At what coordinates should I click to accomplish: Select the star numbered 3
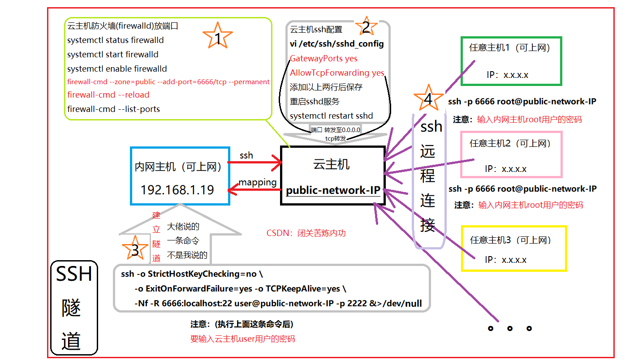coord(135,249)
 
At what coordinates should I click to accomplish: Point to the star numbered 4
coord(428,99)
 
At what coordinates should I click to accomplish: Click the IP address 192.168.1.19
coord(177,190)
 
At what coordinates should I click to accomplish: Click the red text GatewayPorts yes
coord(323,59)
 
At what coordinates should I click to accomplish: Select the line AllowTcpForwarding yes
coord(337,73)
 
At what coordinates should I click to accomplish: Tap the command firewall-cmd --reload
coord(108,95)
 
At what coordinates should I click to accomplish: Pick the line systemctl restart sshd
coord(331,116)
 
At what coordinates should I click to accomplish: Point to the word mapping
coord(257,182)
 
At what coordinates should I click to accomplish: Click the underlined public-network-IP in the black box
coord(333,190)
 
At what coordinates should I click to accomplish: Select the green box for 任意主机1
coord(511,61)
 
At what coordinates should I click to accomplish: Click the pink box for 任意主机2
coord(511,154)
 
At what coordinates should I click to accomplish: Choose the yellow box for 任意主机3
coord(513,249)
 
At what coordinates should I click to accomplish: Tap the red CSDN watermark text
coord(306,233)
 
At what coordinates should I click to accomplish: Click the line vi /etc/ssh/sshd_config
coord(336,44)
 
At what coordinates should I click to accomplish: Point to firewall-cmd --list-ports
coord(113,109)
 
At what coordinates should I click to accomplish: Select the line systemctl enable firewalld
coord(117,69)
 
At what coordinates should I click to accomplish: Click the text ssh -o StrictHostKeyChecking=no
coord(194,274)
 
